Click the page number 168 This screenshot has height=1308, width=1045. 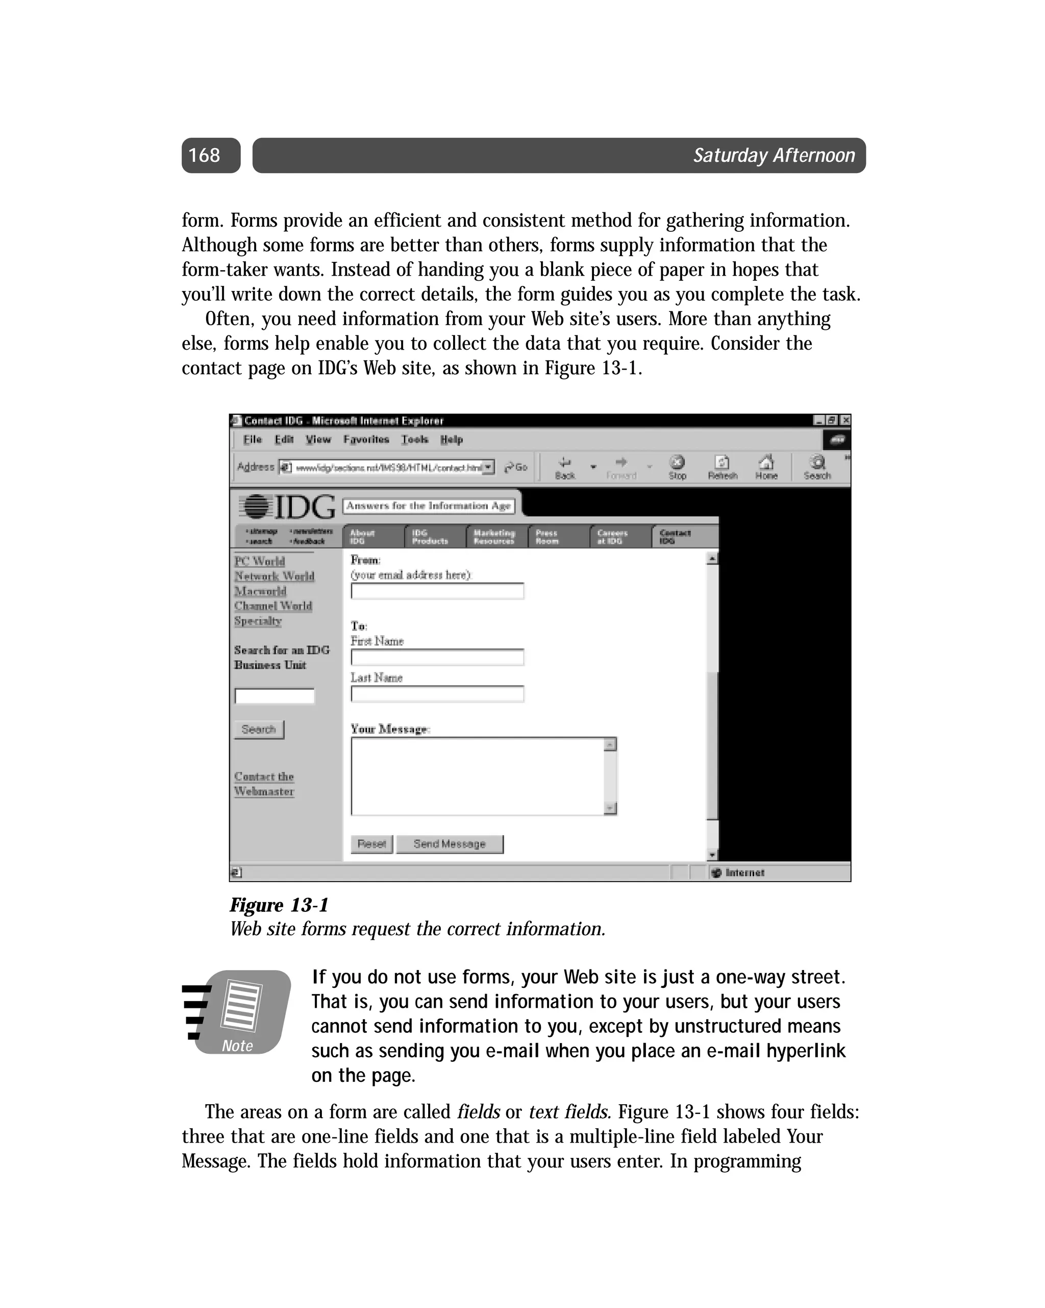click(x=205, y=155)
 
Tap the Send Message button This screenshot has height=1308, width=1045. click(x=450, y=844)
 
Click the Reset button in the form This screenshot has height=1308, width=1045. click(x=371, y=844)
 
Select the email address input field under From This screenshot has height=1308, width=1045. click(x=437, y=591)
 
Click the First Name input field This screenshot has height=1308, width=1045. click(x=437, y=657)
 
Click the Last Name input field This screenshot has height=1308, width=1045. click(x=437, y=694)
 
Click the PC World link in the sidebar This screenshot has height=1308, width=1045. click(x=260, y=561)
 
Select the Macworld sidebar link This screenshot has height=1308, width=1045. click(x=260, y=591)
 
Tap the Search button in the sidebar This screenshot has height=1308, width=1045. click(x=259, y=729)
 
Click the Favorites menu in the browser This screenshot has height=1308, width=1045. click(x=366, y=439)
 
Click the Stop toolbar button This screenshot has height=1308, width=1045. click(x=677, y=467)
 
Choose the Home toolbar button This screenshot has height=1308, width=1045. click(x=766, y=467)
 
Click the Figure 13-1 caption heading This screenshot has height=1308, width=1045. click(x=279, y=905)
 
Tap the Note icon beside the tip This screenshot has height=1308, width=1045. click(x=238, y=1012)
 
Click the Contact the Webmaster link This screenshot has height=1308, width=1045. click(x=264, y=784)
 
